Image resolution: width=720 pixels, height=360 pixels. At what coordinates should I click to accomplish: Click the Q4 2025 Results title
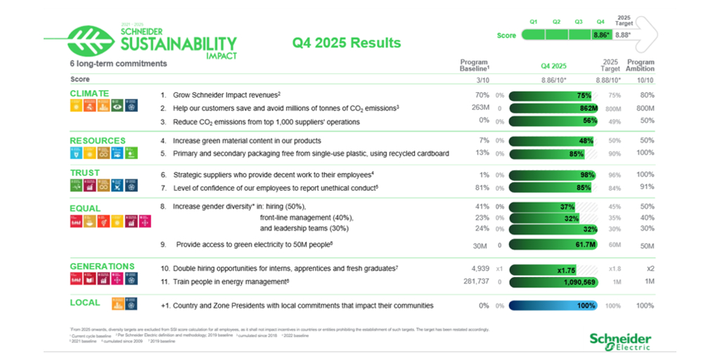tap(347, 43)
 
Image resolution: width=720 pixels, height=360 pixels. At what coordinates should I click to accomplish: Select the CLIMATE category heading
tap(89, 93)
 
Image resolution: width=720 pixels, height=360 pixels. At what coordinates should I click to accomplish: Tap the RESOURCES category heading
tap(98, 140)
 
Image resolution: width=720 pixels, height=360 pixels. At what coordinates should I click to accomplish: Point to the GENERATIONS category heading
tap(102, 266)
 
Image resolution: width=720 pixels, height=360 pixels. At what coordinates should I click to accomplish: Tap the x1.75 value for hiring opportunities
tap(567, 270)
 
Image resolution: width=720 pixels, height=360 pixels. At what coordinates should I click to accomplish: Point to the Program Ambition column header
tap(640, 65)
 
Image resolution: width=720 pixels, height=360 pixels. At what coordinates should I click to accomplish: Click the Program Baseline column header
tap(474, 65)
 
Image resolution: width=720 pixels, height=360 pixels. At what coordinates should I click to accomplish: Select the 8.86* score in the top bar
tap(601, 34)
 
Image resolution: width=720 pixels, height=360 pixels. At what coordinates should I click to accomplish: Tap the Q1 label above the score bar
tap(534, 22)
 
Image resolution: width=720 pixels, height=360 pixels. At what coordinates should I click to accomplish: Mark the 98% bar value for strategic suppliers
tap(584, 174)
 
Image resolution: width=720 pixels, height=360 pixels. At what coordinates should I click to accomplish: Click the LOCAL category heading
tap(84, 302)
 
